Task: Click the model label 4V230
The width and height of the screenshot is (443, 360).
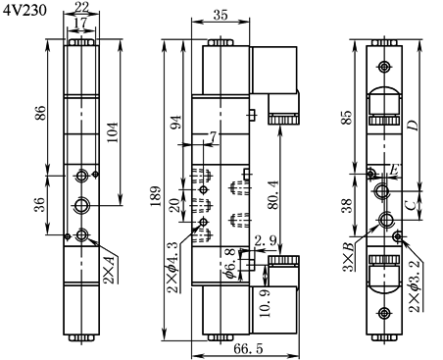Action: point(25,11)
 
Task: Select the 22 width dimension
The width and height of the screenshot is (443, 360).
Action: point(81,7)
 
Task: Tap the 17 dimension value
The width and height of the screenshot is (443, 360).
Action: point(80,23)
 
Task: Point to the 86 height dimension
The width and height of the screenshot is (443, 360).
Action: point(40,113)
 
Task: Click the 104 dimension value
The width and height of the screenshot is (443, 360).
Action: point(113,132)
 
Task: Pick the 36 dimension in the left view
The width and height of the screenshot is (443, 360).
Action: point(40,205)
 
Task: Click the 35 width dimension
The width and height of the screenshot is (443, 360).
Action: point(221,15)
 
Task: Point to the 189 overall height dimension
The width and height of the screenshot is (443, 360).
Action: point(155,196)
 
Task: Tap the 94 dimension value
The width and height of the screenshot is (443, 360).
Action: point(175,123)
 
